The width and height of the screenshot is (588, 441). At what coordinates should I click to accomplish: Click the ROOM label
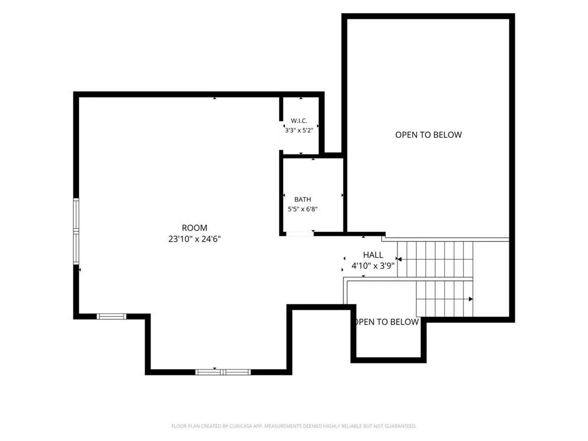[194, 227]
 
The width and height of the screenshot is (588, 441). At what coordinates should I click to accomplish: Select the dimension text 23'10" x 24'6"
[194, 239]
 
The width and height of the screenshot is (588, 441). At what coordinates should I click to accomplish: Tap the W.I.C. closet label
[299, 121]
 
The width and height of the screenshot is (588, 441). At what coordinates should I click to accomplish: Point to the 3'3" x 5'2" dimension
[299, 130]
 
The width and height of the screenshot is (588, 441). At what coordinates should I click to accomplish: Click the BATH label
[303, 199]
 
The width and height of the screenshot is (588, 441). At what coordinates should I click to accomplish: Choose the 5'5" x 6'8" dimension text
[303, 209]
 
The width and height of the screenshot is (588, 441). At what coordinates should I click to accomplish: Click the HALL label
[373, 255]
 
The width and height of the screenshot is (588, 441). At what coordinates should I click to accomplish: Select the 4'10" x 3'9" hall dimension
[373, 266]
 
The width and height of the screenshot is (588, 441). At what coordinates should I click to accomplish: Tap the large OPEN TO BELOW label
[428, 135]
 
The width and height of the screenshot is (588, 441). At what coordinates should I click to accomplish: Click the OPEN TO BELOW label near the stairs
[386, 322]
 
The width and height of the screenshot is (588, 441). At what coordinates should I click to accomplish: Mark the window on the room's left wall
[76, 231]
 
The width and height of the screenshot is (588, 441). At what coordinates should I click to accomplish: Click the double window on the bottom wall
[223, 372]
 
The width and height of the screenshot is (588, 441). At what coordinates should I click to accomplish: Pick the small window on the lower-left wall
[111, 316]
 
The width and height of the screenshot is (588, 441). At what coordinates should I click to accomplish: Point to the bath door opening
[300, 234]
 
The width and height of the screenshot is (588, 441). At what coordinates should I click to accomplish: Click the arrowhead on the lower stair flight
[471, 299]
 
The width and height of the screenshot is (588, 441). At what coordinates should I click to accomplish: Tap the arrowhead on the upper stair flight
[400, 259]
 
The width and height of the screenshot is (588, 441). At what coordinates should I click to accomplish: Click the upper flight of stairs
[435, 259]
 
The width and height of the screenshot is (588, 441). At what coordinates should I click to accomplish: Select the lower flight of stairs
[445, 299]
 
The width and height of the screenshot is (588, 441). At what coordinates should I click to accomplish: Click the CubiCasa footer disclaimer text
[293, 426]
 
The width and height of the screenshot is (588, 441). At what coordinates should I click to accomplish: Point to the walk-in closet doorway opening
[281, 136]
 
